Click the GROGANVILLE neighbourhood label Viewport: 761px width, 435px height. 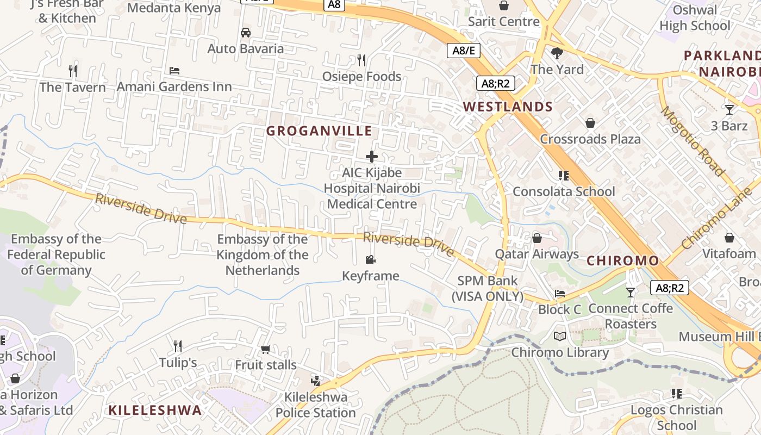pyautogui.click(x=319, y=131)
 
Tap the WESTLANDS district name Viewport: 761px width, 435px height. pyautogui.click(x=508, y=107)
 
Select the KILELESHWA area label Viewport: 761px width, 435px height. pyautogui.click(x=155, y=410)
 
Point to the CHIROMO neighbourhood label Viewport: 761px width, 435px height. pyautogui.click(x=623, y=260)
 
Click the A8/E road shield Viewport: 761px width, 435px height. pyautogui.click(x=464, y=51)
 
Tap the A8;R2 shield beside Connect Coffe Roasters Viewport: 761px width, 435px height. pyautogui.click(x=670, y=288)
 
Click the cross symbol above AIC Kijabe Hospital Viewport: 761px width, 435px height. pyautogui.click(x=372, y=157)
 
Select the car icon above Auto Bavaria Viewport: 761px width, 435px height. pyautogui.click(x=246, y=33)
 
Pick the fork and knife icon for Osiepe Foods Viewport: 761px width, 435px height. pyautogui.click(x=361, y=60)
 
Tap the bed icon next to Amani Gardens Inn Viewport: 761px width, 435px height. pyautogui.click(x=174, y=71)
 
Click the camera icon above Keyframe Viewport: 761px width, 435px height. pyautogui.click(x=371, y=260)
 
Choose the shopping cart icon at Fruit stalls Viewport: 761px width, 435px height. pyautogui.click(x=265, y=349)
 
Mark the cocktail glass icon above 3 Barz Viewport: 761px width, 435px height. pyautogui.click(x=729, y=110)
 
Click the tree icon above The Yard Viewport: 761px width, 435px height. pyautogui.click(x=557, y=53)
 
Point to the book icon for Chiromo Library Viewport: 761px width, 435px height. pyautogui.click(x=560, y=337)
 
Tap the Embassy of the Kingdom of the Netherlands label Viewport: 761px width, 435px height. pyautogui.click(x=263, y=254)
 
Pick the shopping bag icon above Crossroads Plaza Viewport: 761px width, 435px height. pyautogui.click(x=590, y=123)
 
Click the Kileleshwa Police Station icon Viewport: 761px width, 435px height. pyautogui.click(x=316, y=381)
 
